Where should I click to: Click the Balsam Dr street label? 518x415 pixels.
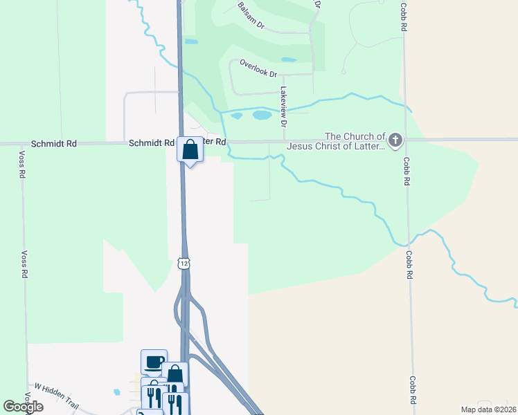coord(251,15)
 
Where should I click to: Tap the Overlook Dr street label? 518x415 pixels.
coord(258,68)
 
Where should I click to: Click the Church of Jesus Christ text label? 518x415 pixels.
coord(335,141)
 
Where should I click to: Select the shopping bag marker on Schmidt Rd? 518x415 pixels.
coord(190,149)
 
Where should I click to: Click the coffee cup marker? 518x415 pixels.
coord(154,362)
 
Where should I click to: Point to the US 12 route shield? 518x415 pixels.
coord(183,263)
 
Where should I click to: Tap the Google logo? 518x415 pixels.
coord(24,407)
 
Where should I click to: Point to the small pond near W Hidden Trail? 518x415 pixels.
coord(116,392)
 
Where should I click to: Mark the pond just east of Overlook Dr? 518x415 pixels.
coord(289,59)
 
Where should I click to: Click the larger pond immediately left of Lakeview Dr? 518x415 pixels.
coord(262,115)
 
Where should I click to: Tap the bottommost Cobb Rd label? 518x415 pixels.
coord(411,390)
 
